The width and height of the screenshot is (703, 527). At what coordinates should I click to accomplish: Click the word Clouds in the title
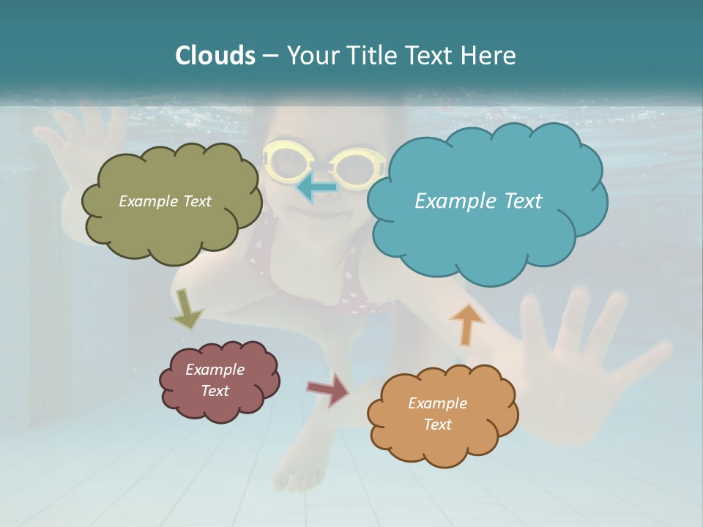click(x=215, y=56)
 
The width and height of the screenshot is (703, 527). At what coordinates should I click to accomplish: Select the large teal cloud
click(x=487, y=242)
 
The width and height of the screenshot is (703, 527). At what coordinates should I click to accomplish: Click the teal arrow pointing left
click(x=316, y=187)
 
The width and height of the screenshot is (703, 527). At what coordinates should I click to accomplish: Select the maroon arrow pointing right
click(x=329, y=389)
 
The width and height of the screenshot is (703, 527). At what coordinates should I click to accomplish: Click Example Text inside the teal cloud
click(x=478, y=201)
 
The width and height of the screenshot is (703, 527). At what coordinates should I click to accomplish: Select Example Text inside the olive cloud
click(x=165, y=201)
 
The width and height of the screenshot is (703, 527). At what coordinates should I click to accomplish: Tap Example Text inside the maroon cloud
click(x=215, y=380)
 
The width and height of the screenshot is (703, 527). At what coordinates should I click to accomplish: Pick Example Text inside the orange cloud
click(x=437, y=414)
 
